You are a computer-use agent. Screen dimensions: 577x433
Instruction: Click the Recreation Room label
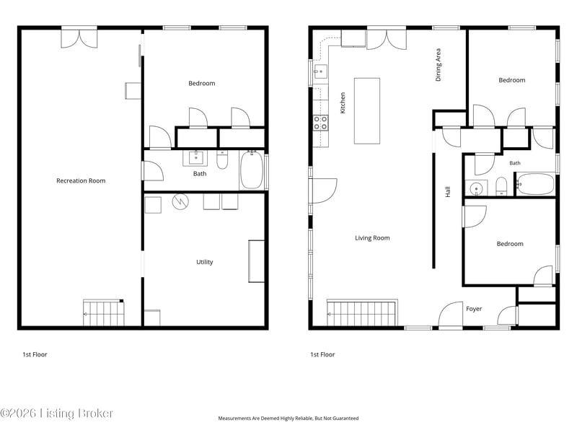(81, 181)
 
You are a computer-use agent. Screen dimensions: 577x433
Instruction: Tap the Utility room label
(205, 262)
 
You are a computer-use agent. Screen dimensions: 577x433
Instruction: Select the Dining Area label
(438, 65)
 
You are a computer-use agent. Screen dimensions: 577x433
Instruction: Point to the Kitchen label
(343, 102)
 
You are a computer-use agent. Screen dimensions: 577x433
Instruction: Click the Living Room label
(372, 238)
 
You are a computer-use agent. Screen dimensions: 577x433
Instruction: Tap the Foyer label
(474, 309)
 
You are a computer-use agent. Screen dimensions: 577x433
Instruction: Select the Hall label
(448, 192)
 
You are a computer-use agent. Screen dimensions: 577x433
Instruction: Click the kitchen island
(367, 111)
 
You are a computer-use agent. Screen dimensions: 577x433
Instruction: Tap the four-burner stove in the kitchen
(320, 123)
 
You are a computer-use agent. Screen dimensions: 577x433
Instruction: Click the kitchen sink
(320, 71)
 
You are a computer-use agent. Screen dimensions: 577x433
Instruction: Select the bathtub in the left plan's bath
(252, 170)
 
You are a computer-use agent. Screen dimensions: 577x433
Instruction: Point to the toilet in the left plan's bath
(222, 159)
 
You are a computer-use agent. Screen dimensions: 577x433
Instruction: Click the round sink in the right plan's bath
(476, 189)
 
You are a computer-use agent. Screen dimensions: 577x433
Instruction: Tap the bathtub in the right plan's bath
(535, 185)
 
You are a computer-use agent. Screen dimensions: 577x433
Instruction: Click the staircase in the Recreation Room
(104, 313)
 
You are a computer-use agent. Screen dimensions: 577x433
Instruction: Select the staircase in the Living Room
(362, 313)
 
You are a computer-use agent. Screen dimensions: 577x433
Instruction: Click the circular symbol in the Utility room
(180, 201)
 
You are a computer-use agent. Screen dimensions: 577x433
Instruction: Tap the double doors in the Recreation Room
(79, 38)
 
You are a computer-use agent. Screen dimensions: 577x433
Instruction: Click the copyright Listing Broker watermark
(56, 413)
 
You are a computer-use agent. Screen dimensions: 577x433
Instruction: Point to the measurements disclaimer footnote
(288, 419)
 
